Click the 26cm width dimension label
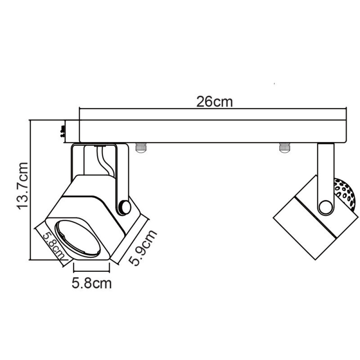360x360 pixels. click(x=214, y=102)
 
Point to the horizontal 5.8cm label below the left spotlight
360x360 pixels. click(x=91, y=283)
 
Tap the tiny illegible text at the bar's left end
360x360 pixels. click(x=62, y=130)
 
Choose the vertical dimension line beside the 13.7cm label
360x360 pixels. click(x=29, y=189)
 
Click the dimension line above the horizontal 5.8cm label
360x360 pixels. click(x=91, y=271)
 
